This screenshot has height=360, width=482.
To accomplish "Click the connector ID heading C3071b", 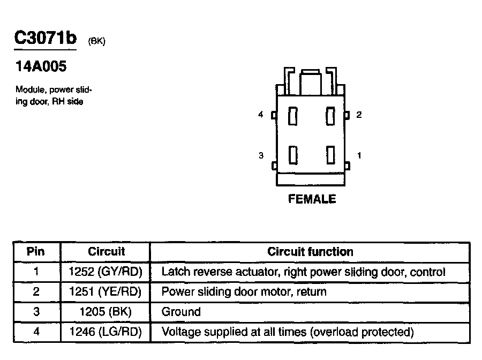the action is pyautogui.click(x=45, y=38).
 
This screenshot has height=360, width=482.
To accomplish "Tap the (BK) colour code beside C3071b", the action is pyautogui.click(x=96, y=41).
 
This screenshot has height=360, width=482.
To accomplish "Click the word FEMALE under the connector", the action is pyautogui.click(x=312, y=199).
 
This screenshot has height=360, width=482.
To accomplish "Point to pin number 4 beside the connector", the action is pyautogui.click(x=261, y=115).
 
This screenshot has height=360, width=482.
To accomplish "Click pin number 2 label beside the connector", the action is pyautogui.click(x=359, y=115).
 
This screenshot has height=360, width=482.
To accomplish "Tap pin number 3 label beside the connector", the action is pyautogui.click(x=261, y=155).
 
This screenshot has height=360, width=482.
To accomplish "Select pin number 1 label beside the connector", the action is pyautogui.click(x=359, y=155).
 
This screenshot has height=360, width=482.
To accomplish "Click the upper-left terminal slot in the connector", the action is pyautogui.click(x=292, y=116).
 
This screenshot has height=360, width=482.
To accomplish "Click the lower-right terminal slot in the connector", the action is pyautogui.click(x=330, y=154).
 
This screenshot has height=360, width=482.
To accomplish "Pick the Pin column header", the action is pyautogui.click(x=36, y=252).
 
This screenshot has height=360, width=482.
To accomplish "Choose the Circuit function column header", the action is pyautogui.click(x=310, y=252).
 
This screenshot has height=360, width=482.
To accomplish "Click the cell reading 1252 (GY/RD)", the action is pyautogui.click(x=105, y=272).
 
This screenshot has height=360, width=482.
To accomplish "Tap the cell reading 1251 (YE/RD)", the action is pyautogui.click(x=105, y=292).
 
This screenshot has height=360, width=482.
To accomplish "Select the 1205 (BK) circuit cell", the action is pyautogui.click(x=105, y=312).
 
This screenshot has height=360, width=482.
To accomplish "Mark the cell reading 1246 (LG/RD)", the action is pyautogui.click(x=105, y=332).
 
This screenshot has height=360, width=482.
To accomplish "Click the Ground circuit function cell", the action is pyautogui.click(x=181, y=312).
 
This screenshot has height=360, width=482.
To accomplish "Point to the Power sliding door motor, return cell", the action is pyautogui.click(x=244, y=292).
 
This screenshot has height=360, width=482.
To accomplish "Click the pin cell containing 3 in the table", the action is pyautogui.click(x=36, y=312).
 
